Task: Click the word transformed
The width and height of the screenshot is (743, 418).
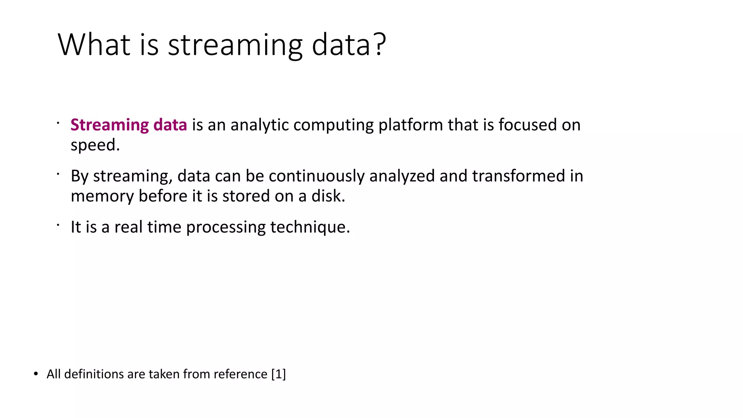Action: [x=518, y=176]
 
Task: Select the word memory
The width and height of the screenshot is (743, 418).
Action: [x=102, y=196]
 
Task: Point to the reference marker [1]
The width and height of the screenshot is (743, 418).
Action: [x=279, y=374]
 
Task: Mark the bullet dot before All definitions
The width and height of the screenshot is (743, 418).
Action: [x=36, y=374]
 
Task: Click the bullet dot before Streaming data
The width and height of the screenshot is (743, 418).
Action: [x=58, y=123]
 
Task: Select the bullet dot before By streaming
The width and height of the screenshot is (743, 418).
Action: [x=58, y=174]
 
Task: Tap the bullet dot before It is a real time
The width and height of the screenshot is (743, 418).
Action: [x=58, y=225]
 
